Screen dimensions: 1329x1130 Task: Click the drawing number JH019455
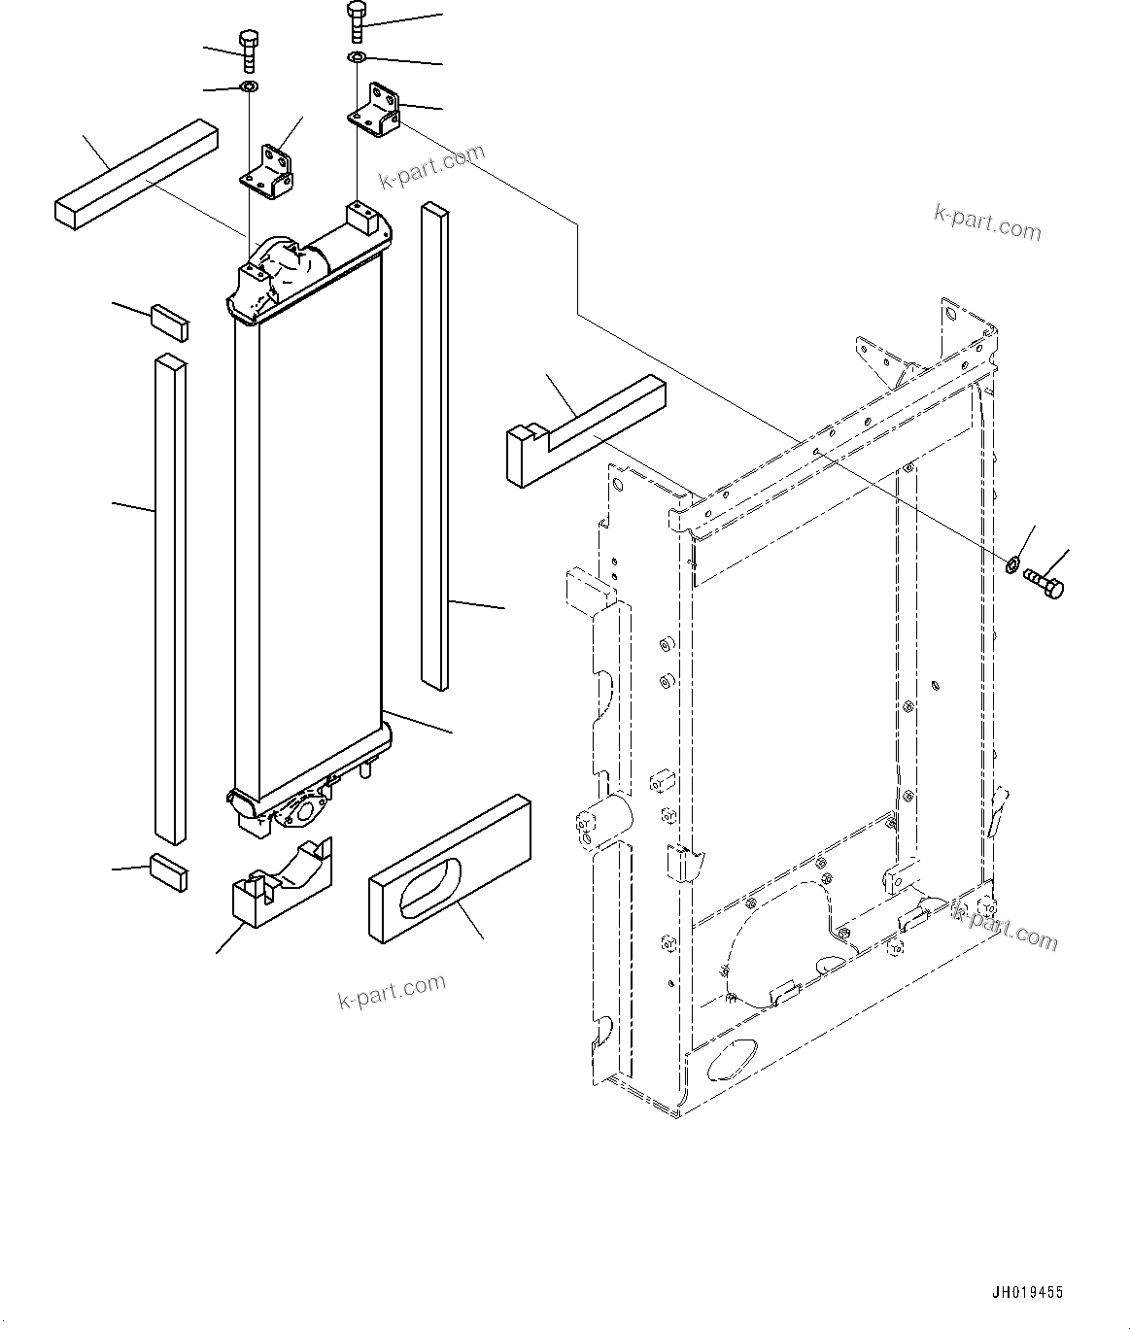pos(1027,1292)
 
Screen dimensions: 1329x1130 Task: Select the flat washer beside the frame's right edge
pos(1011,562)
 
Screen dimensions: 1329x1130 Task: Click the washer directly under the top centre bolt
pos(357,60)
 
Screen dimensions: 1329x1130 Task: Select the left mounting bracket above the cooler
pos(269,172)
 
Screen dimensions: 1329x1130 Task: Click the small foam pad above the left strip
pos(168,321)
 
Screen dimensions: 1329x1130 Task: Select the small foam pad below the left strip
pos(168,871)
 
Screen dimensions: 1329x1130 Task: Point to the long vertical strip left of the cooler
pos(169,597)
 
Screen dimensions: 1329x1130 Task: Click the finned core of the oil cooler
pos(310,544)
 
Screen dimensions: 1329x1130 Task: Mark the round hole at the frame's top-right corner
pos(949,313)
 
